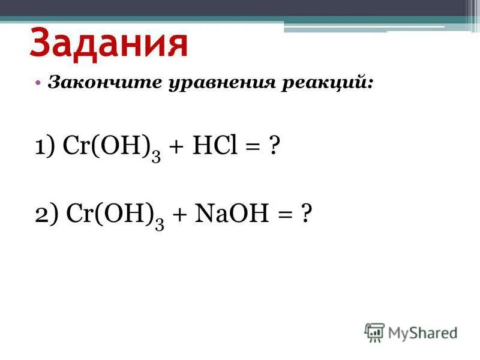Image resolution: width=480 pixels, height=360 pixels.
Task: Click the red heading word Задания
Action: coord(109,43)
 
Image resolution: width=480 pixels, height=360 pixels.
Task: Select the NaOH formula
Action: coord(228,215)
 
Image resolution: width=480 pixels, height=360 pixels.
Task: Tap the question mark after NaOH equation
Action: coord(307,215)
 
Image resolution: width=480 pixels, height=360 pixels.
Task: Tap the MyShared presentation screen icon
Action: coord(374,332)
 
